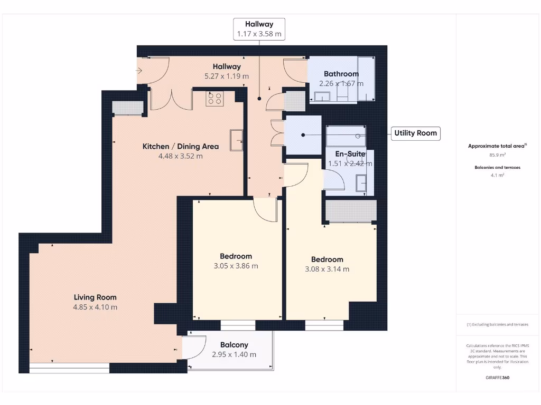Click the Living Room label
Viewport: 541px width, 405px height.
[95, 297]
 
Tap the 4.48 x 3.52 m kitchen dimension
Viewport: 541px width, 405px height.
[181, 156]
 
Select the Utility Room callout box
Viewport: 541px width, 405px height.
[415, 133]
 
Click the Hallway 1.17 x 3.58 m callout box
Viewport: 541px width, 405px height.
[259, 29]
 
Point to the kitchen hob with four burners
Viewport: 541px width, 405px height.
[215, 98]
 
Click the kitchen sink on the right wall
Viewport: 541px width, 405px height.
[236, 140]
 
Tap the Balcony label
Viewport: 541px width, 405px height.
[234, 345]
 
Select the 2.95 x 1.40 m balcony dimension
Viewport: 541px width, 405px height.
[234, 355]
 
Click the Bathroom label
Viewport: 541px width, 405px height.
[341, 74]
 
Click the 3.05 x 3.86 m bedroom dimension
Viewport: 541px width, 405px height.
[236, 266]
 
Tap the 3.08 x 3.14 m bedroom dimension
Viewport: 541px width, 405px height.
[327, 269]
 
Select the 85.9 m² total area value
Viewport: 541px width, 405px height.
[497, 155]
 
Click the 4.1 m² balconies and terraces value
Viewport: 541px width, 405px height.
[497, 175]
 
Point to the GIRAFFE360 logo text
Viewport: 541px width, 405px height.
[497, 378]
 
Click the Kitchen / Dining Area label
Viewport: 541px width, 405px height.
[181, 146]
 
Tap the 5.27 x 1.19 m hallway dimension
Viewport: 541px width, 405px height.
[227, 76]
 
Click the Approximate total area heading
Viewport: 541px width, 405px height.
[496, 146]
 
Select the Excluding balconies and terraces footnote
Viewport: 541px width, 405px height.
[497, 324]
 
